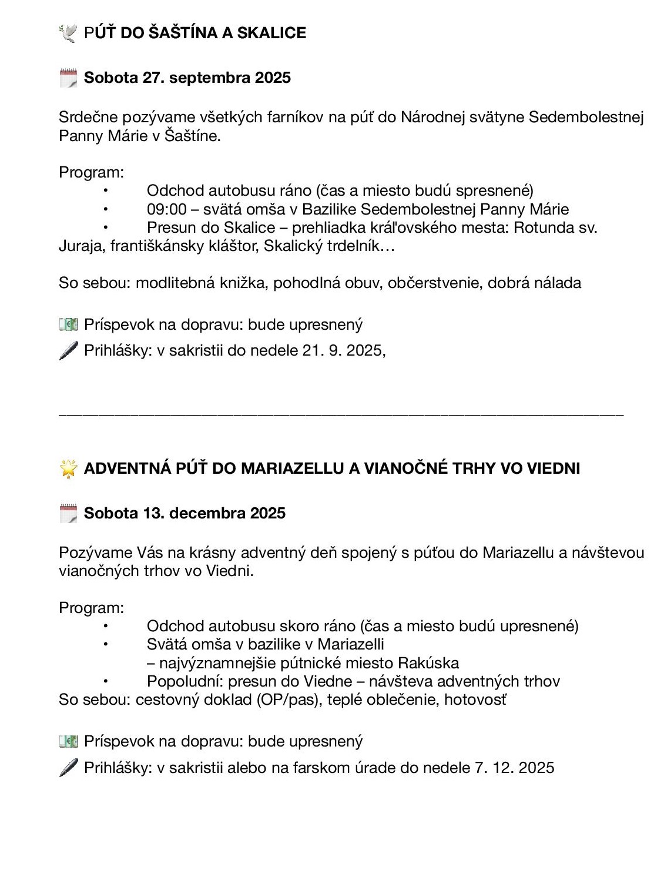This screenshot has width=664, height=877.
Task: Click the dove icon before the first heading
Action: point(68,33)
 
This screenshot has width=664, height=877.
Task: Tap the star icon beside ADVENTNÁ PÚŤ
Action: point(69,468)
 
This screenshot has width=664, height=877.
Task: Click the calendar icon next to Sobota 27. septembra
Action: point(68,78)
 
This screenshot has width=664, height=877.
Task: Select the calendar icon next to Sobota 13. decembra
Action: point(68,513)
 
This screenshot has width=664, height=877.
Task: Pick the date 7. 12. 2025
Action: point(514,768)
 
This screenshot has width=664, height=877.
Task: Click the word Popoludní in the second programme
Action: point(185,681)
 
